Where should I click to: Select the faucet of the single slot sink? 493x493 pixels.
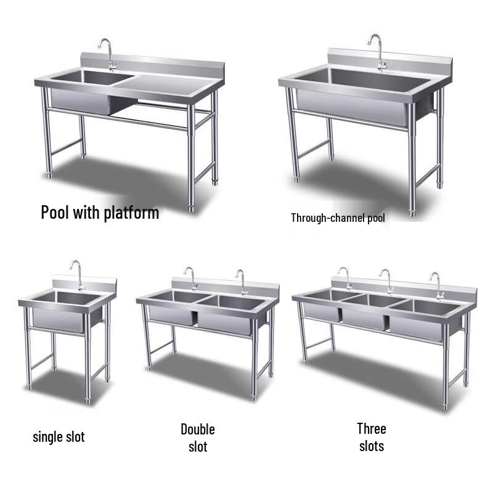tap(77, 274)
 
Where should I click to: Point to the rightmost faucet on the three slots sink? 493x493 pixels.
tap(438, 283)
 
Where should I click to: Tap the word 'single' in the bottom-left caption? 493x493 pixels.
tap(47, 438)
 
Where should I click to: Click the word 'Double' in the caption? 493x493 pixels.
tap(198, 429)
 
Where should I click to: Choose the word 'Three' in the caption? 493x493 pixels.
tap(372, 428)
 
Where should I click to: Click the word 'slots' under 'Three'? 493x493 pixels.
tap(372, 446)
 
